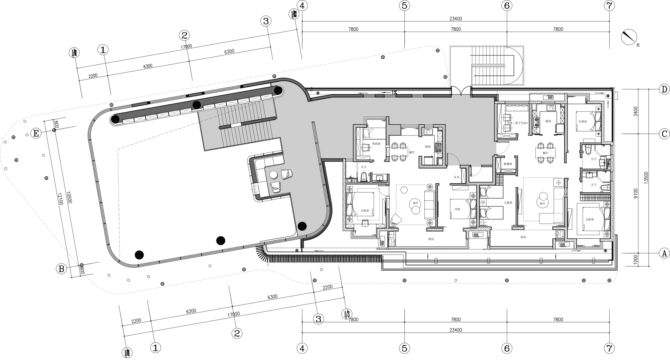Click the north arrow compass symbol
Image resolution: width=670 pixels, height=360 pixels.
pos(628,37)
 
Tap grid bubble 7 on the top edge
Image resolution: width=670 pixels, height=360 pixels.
pos(609,5)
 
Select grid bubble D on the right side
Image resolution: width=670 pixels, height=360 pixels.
pos(664,89)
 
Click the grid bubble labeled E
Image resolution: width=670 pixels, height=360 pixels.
pos(36,133)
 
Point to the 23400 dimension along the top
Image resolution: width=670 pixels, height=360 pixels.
pos(456,19)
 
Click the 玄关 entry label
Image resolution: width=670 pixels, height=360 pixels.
pos(457,177)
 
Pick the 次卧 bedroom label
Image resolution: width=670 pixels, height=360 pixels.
pos(457,209)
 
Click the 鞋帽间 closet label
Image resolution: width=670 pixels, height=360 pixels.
pos(508,164)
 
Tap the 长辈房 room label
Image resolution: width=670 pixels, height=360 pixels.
pos(582,122)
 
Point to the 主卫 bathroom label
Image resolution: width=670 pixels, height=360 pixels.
pos(593,185)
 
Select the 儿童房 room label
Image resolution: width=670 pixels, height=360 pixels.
pos(508,203)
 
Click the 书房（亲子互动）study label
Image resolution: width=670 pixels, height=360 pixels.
pos(517,123)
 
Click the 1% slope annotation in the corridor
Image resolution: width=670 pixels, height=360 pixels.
pos(394,92)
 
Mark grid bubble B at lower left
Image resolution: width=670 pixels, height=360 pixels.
pos(61,269)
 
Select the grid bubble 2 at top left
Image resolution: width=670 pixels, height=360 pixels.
pos(184,36)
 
